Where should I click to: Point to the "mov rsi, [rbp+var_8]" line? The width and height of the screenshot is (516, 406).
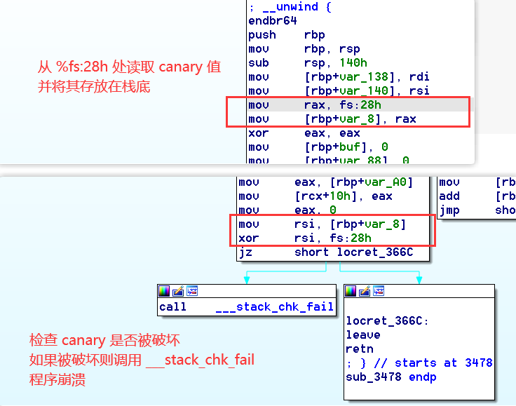click(x=322, y=224)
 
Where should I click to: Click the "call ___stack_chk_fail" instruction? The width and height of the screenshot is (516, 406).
click(x=246, y=307)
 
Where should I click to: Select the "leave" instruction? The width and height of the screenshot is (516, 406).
click(x=363, y=335)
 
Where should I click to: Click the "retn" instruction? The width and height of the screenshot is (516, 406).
click(x=360, y=349)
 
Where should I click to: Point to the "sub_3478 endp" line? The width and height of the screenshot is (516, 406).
click(x=391, y=377)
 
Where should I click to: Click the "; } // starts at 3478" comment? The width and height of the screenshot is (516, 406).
click(x=419, y=363)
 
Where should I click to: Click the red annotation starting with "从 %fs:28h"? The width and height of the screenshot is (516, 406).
click(x=130, y=67)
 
